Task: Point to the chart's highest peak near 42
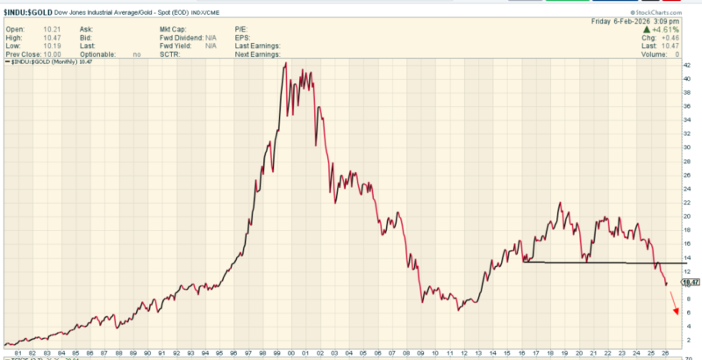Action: (x=285, y=64)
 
